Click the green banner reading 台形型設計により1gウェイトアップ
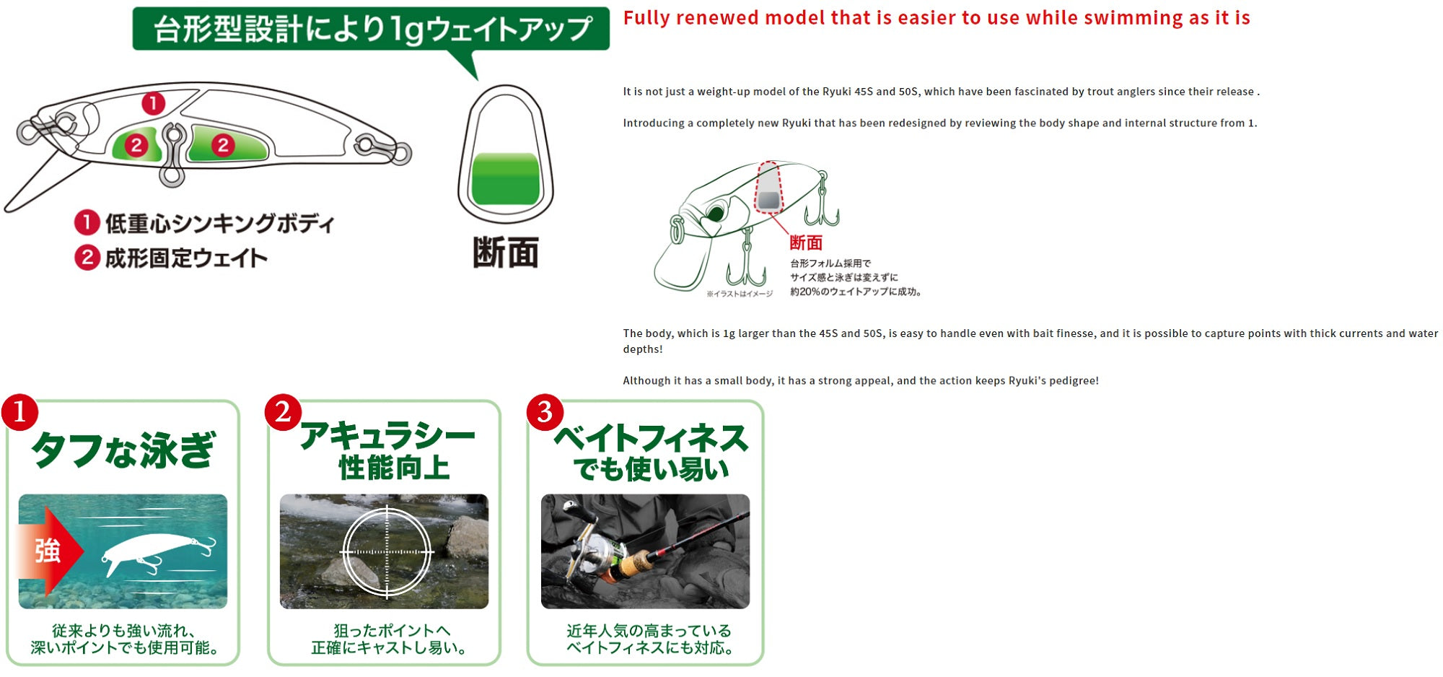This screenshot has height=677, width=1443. click(x=371, y=29)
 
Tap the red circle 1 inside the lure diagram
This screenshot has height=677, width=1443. click(x=153, y=103)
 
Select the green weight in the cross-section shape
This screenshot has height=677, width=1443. click(x=505, y=178)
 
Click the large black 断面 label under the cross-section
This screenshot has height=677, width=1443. click(x=505, y=253)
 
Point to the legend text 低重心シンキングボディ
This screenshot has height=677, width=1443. click(x=220, y=224)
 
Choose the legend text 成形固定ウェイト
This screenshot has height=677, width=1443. click(x=186, y=258)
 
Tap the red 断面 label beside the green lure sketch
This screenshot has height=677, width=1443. click(x=806, y=243)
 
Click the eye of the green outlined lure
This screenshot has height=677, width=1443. click(x=716, y=213)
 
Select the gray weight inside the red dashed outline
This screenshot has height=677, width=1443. click(x=769, y=200)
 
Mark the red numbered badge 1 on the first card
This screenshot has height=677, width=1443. click(x=19, y=412)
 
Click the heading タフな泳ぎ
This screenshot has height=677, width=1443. click(x=123, y=450)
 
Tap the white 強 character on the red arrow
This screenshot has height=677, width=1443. click(x=48, y=551)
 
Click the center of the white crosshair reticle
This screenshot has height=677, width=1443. click(x=387, y=552)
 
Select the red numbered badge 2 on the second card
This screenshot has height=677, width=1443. click(x=283, y=412)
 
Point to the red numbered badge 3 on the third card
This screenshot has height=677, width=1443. click(x=545, y=412)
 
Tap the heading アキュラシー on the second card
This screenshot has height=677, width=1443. click(x=387, y=436)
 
